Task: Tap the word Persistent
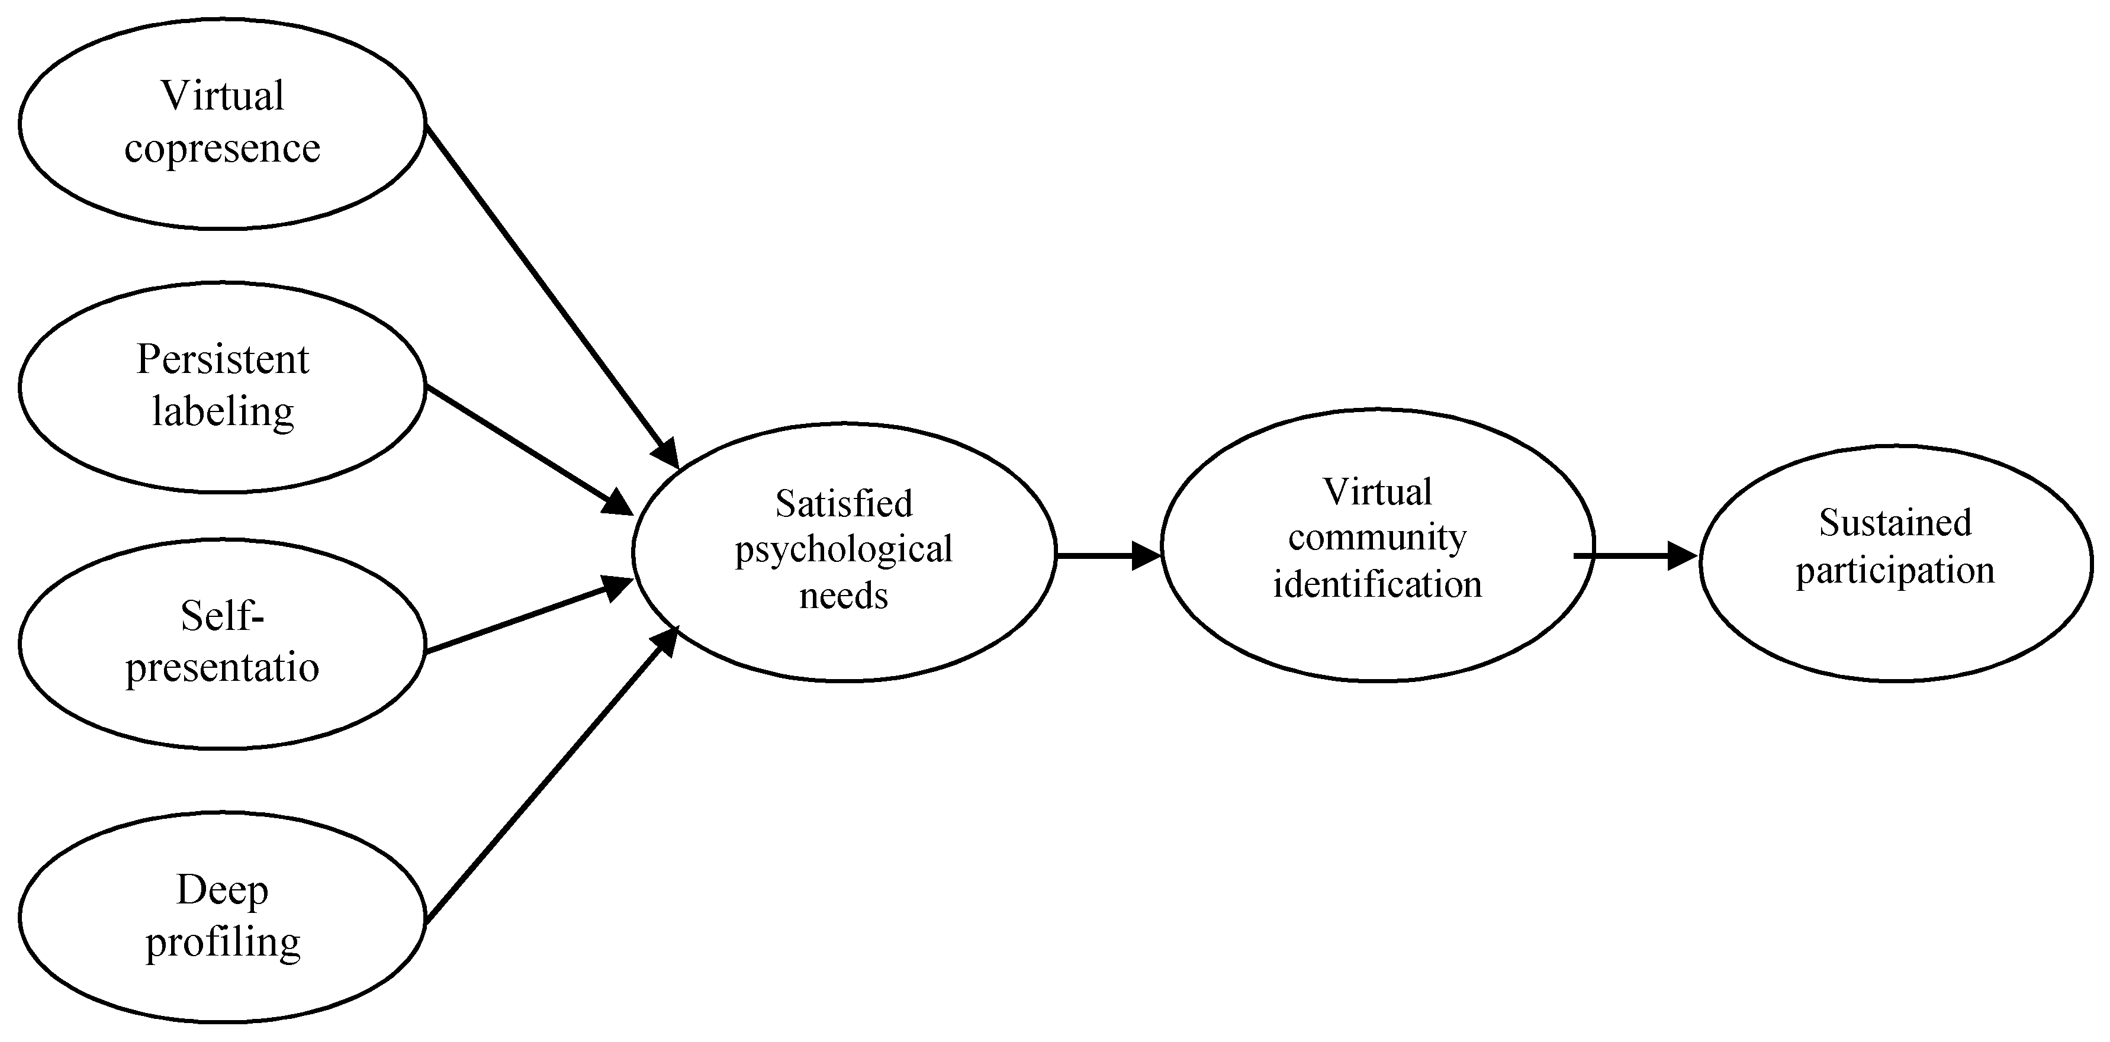click(x=222, y=359)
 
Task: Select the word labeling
click(x=223, y=411)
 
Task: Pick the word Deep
click(x=222, y=890)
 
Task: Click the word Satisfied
click(x=844, y=504)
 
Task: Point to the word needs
click(x=844, y=596)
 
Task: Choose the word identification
click(x=1377, y=585)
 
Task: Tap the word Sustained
click(x=1895, y=523)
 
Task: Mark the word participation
click(x=1895, y=571)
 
